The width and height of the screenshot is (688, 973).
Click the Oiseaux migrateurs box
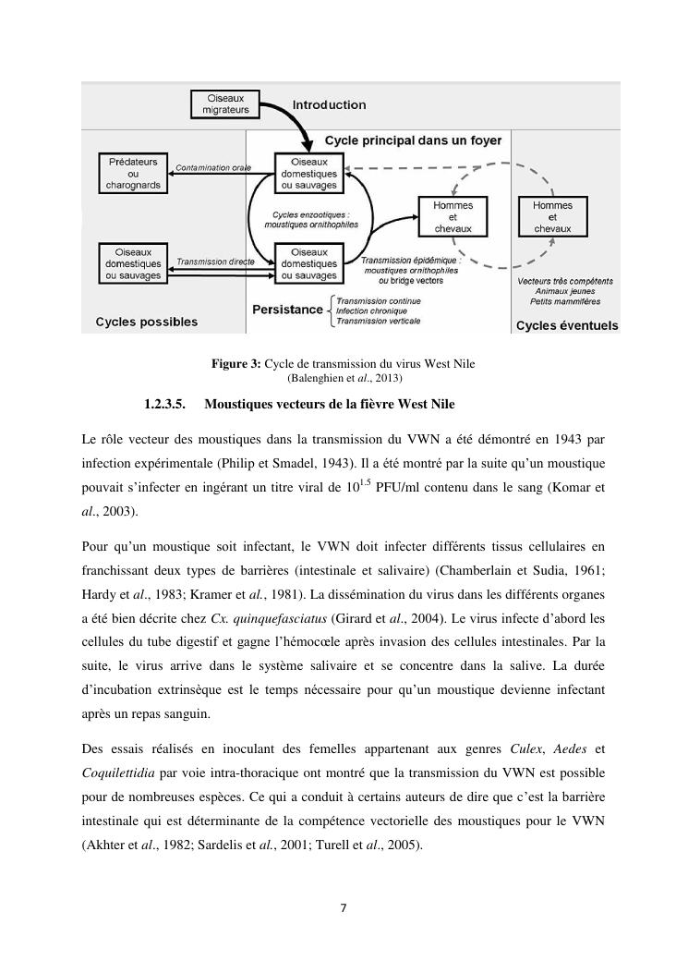226,103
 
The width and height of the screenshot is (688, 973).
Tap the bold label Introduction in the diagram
330,105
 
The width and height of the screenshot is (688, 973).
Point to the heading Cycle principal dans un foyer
413,140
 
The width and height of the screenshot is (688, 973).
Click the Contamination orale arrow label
214,167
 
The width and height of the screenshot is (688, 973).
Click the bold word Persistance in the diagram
287,310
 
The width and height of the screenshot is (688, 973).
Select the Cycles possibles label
146,322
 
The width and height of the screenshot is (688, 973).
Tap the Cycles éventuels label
566,325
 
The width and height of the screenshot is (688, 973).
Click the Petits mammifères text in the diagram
565,301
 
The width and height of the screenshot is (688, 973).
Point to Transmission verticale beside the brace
379,321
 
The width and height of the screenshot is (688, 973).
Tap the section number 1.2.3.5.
166,404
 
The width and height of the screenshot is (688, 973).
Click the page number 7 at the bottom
344,907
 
